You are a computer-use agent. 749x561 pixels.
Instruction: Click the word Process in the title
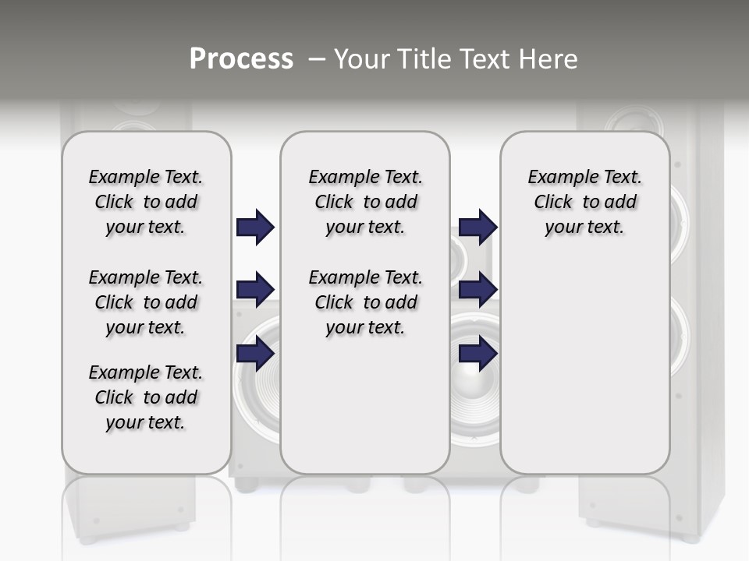(241, 59)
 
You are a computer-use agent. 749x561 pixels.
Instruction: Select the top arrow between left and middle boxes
(255, 228)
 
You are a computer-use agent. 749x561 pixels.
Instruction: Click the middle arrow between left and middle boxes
(255, 290)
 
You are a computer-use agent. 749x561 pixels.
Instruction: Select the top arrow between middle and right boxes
(477, 228)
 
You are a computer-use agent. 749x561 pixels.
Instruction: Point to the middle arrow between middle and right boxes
(477, 290)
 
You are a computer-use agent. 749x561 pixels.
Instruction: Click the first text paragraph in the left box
(146, 202)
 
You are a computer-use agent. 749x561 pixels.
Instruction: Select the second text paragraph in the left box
(146, 302)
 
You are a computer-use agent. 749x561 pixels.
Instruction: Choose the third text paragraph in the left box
(146, 397)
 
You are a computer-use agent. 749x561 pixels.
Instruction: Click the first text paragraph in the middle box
(365, 202)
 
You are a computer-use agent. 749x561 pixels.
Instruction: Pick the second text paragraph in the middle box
(365, 302)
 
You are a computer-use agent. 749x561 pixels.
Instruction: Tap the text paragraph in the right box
(584, 202)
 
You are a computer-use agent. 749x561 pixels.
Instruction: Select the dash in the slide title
(317, 59)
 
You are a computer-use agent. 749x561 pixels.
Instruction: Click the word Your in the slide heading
(363, 59)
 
